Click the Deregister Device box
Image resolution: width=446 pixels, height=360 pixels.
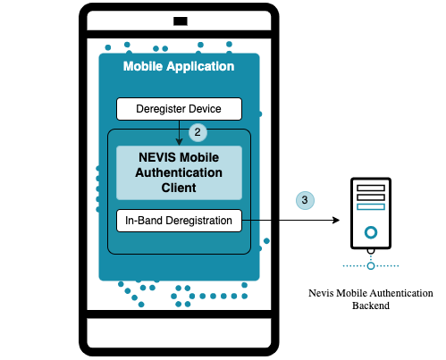pyautogui.click(x=179, y=109)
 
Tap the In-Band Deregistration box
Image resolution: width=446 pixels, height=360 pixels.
pyautogui.click(x=179, y=221)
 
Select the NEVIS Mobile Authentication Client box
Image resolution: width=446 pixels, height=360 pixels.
pyautogui.click(x=179, y=172)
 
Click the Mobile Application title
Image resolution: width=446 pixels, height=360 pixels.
pyautogui.click(x=179, y=66)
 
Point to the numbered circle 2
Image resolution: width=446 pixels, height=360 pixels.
pyautogui.click(x=198, y=132)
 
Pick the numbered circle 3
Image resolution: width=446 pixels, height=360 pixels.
pyautogui.click(x=305, y=200)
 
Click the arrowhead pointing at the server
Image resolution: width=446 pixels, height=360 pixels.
pyautogui.click(x=336, y=221)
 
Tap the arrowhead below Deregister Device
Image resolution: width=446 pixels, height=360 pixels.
pyautogui.click(x=179, y=142)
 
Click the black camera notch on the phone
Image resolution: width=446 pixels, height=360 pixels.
pyautogui.click(x=181, y=21)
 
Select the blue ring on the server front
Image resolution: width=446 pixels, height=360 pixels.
pyautogui.click(x=371, y=232)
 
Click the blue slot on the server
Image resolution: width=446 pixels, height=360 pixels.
pyautogui.click(x=371, y=206)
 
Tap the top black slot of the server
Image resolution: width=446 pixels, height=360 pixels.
pyautogui.click(x=371, y=188)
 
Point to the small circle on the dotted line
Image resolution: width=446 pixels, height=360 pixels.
pyautogui.click(x=371, y=266)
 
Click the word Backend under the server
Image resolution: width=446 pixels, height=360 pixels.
pyautogui.click(x=371, y=306)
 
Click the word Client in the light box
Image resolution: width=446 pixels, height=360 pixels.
pyautogui.click(x=179, y=188)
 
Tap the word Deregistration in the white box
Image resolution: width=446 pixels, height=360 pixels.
pyautogui.click(x=198, y=221)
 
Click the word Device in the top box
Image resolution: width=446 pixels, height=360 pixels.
pyautogui.click(x=205, y=109)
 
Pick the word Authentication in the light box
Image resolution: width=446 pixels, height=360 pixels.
pyautogui.click(x=179, y=172)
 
